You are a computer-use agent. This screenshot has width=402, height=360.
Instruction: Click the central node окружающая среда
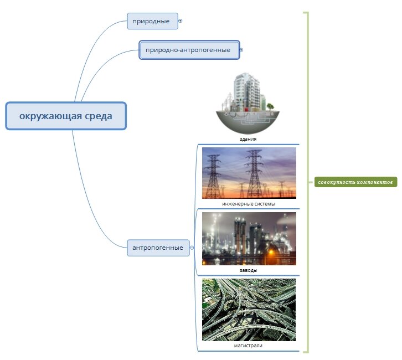tap(66, 116)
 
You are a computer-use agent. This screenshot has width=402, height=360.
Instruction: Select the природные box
tap(152, 21)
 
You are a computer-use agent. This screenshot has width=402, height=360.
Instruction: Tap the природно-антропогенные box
tap(189, 50)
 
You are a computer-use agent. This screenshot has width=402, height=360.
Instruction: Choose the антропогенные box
tap(158, 248)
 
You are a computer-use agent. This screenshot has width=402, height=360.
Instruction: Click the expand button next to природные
tap(180, 21)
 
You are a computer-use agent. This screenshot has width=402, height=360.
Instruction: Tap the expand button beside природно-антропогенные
tap(241, 50)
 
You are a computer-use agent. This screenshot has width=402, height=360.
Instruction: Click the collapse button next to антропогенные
tap(192, 248)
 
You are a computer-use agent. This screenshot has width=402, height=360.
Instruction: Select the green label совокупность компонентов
tap(355, 182)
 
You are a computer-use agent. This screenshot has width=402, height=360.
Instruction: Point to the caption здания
tap(248, 139)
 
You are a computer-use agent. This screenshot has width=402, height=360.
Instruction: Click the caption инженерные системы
tap(249, 204)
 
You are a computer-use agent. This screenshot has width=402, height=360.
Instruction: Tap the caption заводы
tap(249, 270)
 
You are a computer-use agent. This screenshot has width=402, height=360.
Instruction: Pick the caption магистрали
tap(248, 346)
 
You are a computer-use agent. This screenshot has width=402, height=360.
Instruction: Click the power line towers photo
tap(249, 173)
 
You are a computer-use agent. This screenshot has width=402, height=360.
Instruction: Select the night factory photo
tap(249, 239)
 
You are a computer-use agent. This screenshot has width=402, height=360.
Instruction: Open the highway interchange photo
tap(249, 310)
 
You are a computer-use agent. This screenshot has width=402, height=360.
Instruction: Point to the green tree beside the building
tap(270, 106)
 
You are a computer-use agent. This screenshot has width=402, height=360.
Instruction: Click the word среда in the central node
tap(99, 116)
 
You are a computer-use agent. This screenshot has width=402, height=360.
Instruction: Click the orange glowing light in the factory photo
tap(271, 253)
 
